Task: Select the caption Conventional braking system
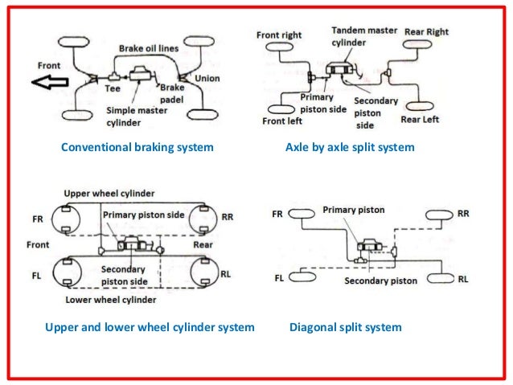tap(137, 147)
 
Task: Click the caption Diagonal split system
tap(345, 328)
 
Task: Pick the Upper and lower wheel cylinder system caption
tap(150, 328)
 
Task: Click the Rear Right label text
tap(426, 33)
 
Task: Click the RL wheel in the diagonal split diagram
tap(441, 278)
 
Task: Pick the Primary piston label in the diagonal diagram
tap(353, 210)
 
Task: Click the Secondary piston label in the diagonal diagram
tap(380, 281)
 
